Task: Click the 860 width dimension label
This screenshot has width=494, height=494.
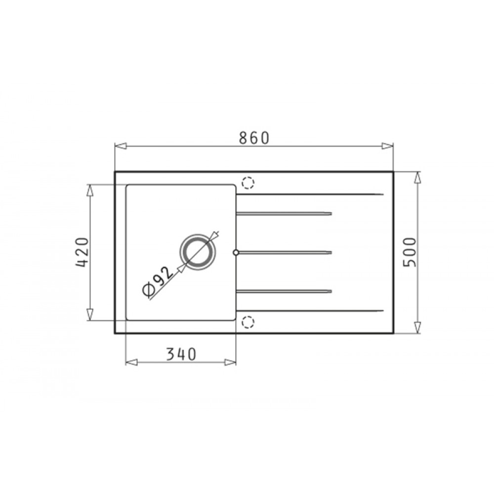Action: pyautogui.click(x=254, y=138)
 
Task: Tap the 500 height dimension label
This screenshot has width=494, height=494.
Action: pyautogui.click(x=410, y=252)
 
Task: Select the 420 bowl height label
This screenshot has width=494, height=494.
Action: pyautogui.click(x=82, y=252)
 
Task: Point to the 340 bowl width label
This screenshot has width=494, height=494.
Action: pyautogui.click(x=181, y=354)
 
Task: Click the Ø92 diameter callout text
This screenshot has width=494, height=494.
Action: pyautogui.click(x=158, y=282)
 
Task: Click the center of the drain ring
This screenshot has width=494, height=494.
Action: pyautogui.click(x=198, y=252)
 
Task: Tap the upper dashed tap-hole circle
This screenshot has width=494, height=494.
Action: pyautogui.click(x=248, y=183)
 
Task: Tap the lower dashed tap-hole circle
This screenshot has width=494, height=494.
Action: pyautogui.click(x=248, y=322)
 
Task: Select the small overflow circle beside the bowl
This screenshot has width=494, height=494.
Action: pyautogui.click(x=236, y=252)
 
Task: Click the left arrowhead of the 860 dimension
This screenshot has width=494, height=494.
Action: pyautogui.click(x=121, y=146)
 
